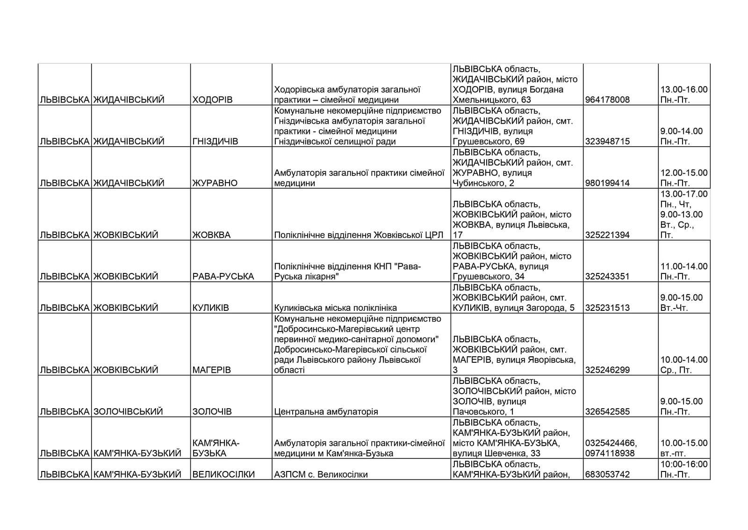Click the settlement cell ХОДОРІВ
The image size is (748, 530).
coord(212,100)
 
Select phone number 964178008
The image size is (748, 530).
coord(607,100)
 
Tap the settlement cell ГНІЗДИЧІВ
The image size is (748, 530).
coord(215,141)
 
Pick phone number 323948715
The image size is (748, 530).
coord(607,141)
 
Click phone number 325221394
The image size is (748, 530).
coord(607,235)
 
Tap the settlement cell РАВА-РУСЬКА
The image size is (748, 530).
coord(223,276)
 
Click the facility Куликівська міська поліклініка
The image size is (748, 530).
coord(335,308)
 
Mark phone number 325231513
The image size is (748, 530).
coord(607,308)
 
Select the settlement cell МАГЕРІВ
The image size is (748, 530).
coord(211,370)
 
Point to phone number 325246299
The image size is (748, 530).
coord(607,370)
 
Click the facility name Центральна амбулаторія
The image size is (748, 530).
coord(326,412)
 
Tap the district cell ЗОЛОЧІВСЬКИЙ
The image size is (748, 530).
coord(128,412)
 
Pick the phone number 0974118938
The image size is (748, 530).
coord(607,453)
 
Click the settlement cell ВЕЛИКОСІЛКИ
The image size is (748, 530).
coord(223,474)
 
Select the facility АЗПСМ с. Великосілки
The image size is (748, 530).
coord(321,474)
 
